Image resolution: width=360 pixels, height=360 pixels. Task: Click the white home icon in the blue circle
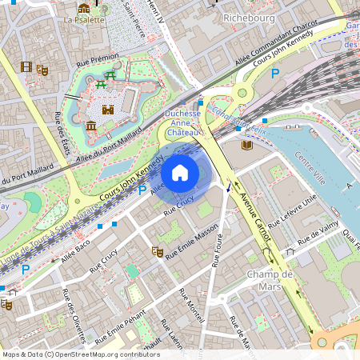[x=180, y=173]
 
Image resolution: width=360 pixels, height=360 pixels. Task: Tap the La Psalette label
[x=84, y=20]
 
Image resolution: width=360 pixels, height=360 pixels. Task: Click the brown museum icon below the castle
[x=91, y=126]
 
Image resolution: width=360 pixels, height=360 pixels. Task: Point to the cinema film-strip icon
[x=26, y=67]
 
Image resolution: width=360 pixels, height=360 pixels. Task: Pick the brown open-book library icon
[x=246, y=145]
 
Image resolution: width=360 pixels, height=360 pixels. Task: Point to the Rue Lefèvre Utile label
[x=293, y=208]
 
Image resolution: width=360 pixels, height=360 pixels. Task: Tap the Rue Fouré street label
[x=217, y=250]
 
